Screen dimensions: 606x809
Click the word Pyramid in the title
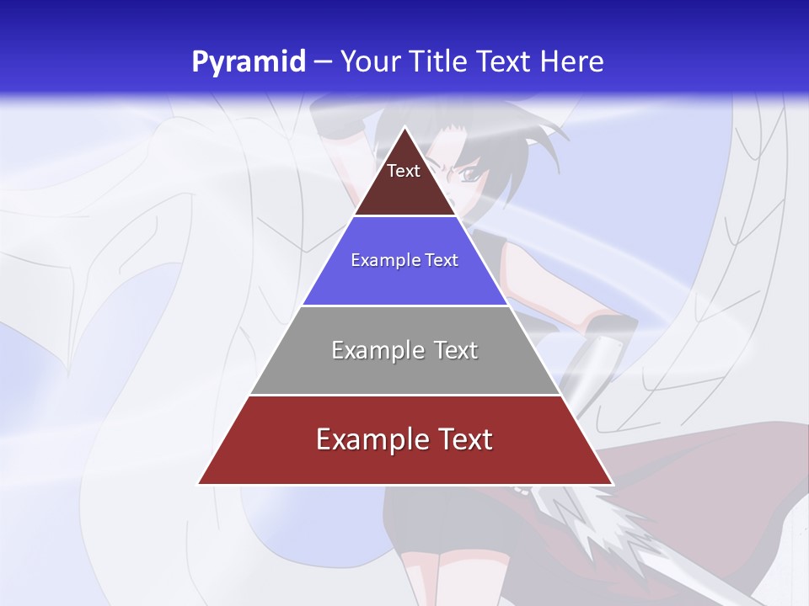(248, 62)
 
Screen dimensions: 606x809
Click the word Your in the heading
(368, 62)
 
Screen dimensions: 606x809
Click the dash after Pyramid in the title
(322, 62)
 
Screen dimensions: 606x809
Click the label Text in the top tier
(404, 171)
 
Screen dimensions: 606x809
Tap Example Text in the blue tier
(404, 260)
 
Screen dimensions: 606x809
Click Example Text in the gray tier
(404, 350)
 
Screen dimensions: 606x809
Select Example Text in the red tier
(404, 439)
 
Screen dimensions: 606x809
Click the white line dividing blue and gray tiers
(404, 306)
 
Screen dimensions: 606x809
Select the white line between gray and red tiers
(404, 395)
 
